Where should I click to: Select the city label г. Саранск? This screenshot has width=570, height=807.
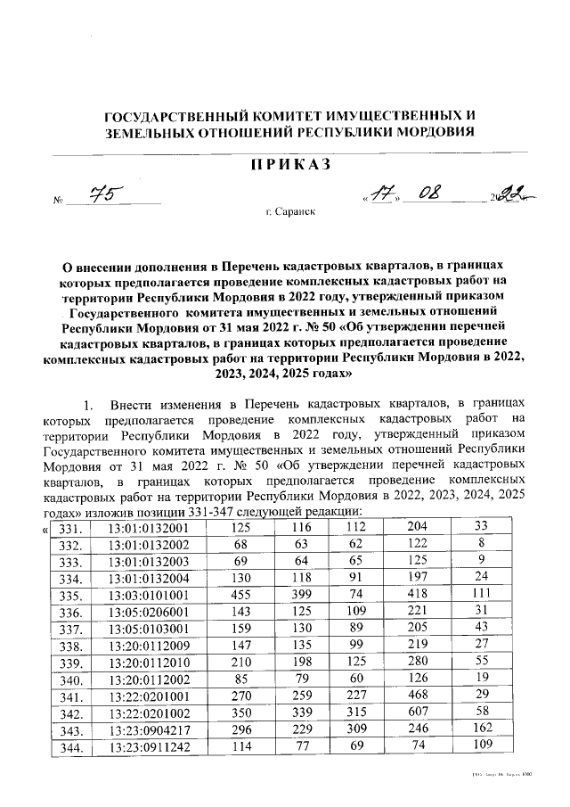click(290, 213)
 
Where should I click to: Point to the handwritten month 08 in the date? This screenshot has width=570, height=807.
click(443, 194)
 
